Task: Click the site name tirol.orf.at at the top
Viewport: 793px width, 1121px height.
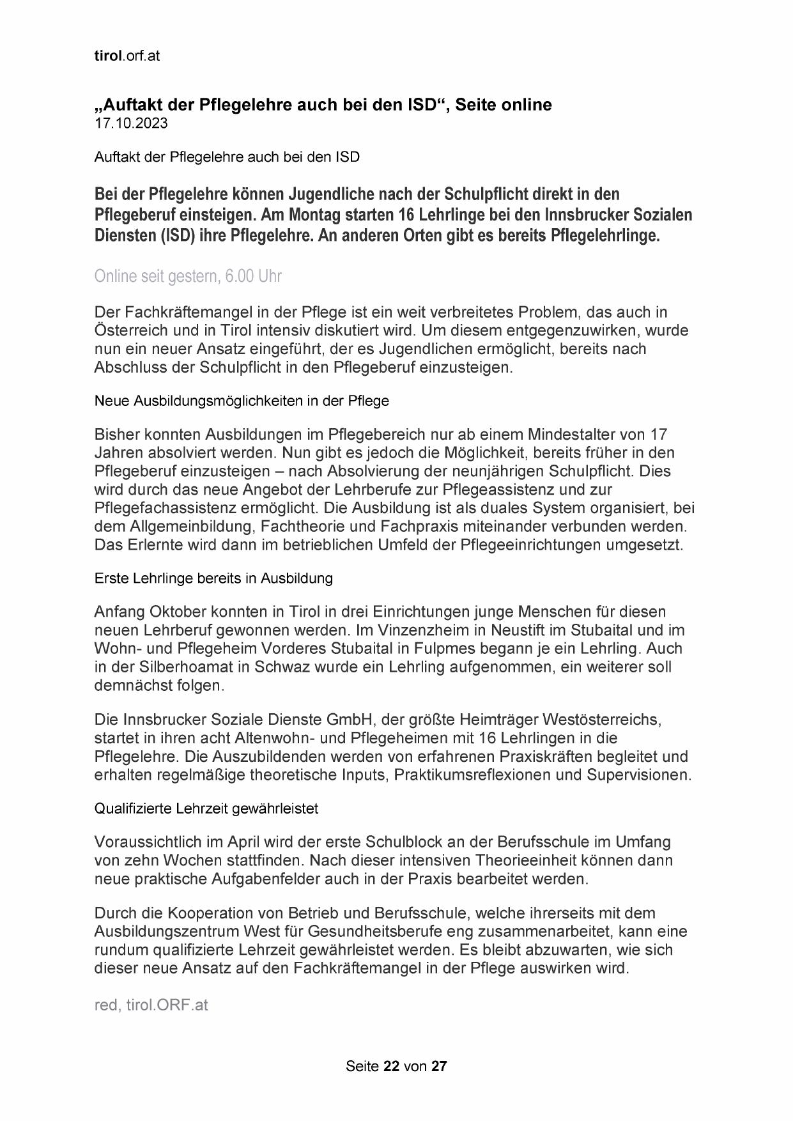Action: click(127, 56)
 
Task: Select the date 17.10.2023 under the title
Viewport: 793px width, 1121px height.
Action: click(131, 123)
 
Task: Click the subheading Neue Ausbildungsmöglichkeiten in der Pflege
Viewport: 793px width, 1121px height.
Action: click(242, 401)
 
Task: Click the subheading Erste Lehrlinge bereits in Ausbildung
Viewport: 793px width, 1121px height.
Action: click(213, 578)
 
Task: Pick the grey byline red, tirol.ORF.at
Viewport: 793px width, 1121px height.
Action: click(151, 1005)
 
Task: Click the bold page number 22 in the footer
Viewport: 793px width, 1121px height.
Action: click(391, 1066)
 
